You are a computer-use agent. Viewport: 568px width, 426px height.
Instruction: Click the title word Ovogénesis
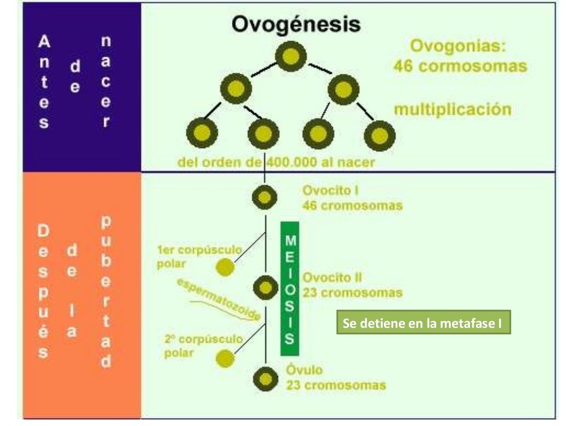coord(296,25)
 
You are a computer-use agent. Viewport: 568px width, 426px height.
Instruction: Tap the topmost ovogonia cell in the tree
coord(291,57)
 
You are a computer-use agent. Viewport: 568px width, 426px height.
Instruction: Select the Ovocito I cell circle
coord(264,197)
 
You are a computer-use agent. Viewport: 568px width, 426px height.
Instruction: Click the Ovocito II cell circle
coord(266,287)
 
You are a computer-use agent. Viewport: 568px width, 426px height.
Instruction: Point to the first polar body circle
coord(225,267)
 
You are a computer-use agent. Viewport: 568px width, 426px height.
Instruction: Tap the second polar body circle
coord(225,359)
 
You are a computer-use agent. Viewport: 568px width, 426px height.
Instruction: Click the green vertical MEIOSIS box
coord(290,288)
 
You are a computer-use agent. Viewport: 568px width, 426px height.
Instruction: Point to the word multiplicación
coord(453,109)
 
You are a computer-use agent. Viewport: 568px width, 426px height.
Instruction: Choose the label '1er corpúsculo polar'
coord(197,256)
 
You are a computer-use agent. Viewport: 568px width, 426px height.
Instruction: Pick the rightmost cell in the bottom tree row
coord(379,133)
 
